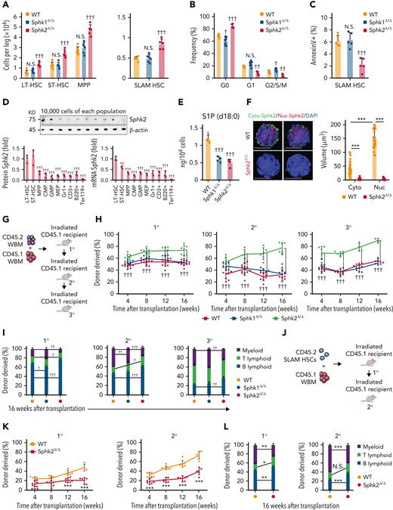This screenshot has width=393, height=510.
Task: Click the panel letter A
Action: click(x=5, y=6)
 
